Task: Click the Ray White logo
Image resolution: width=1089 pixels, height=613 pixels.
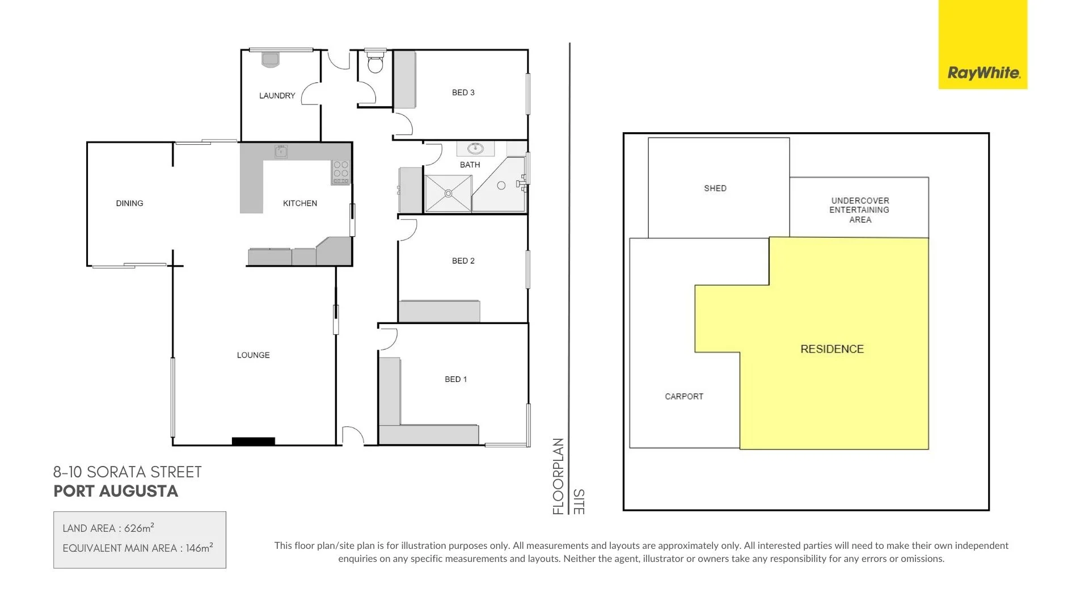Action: click(x=983, y=73)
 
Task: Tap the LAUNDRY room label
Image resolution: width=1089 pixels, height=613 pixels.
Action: click(x=277, y=96)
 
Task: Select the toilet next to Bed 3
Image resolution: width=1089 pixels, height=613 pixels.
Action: click(x=375, y=62)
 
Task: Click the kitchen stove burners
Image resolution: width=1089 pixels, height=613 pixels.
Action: click(x=341, y=172)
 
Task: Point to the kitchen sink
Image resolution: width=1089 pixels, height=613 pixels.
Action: click(x=281, y=152)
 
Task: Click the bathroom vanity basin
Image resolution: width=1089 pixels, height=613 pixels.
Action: click(x=475, y=149)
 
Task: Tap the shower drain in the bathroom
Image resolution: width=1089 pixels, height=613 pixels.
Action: click(x=448, y=194)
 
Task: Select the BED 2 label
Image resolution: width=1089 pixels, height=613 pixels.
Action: click(x=463, y=261)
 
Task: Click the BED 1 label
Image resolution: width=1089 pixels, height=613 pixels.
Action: click(x=455, y=379)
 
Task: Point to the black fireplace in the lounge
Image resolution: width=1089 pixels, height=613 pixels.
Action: click(x=254, y=441)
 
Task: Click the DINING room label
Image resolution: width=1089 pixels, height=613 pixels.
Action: click(x=129, y=203)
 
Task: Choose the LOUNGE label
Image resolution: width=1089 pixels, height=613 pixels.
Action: click(x=253, y=355)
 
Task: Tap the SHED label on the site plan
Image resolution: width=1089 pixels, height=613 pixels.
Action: click(x=715, y=188)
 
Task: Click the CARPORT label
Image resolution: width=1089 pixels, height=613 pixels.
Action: click(x=683, y=397)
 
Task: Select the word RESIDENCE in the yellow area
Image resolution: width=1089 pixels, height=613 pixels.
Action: click(x=831, y=349)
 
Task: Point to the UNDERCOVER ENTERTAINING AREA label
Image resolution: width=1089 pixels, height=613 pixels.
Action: click(x=860, y=210)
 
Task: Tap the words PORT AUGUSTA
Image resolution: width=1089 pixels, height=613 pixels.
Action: click(x=116, y=492)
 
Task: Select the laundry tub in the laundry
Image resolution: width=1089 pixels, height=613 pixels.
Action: click(x=271, y=59)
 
